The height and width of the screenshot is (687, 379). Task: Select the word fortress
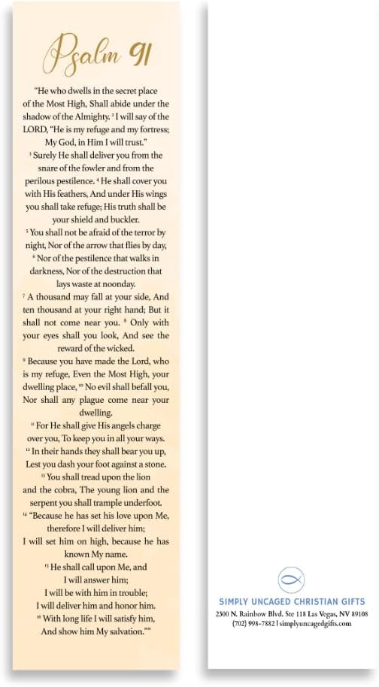coord(149,129)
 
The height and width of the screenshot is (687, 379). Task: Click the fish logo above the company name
coord(291,580)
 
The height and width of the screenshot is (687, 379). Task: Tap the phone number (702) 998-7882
coord(253,624)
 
